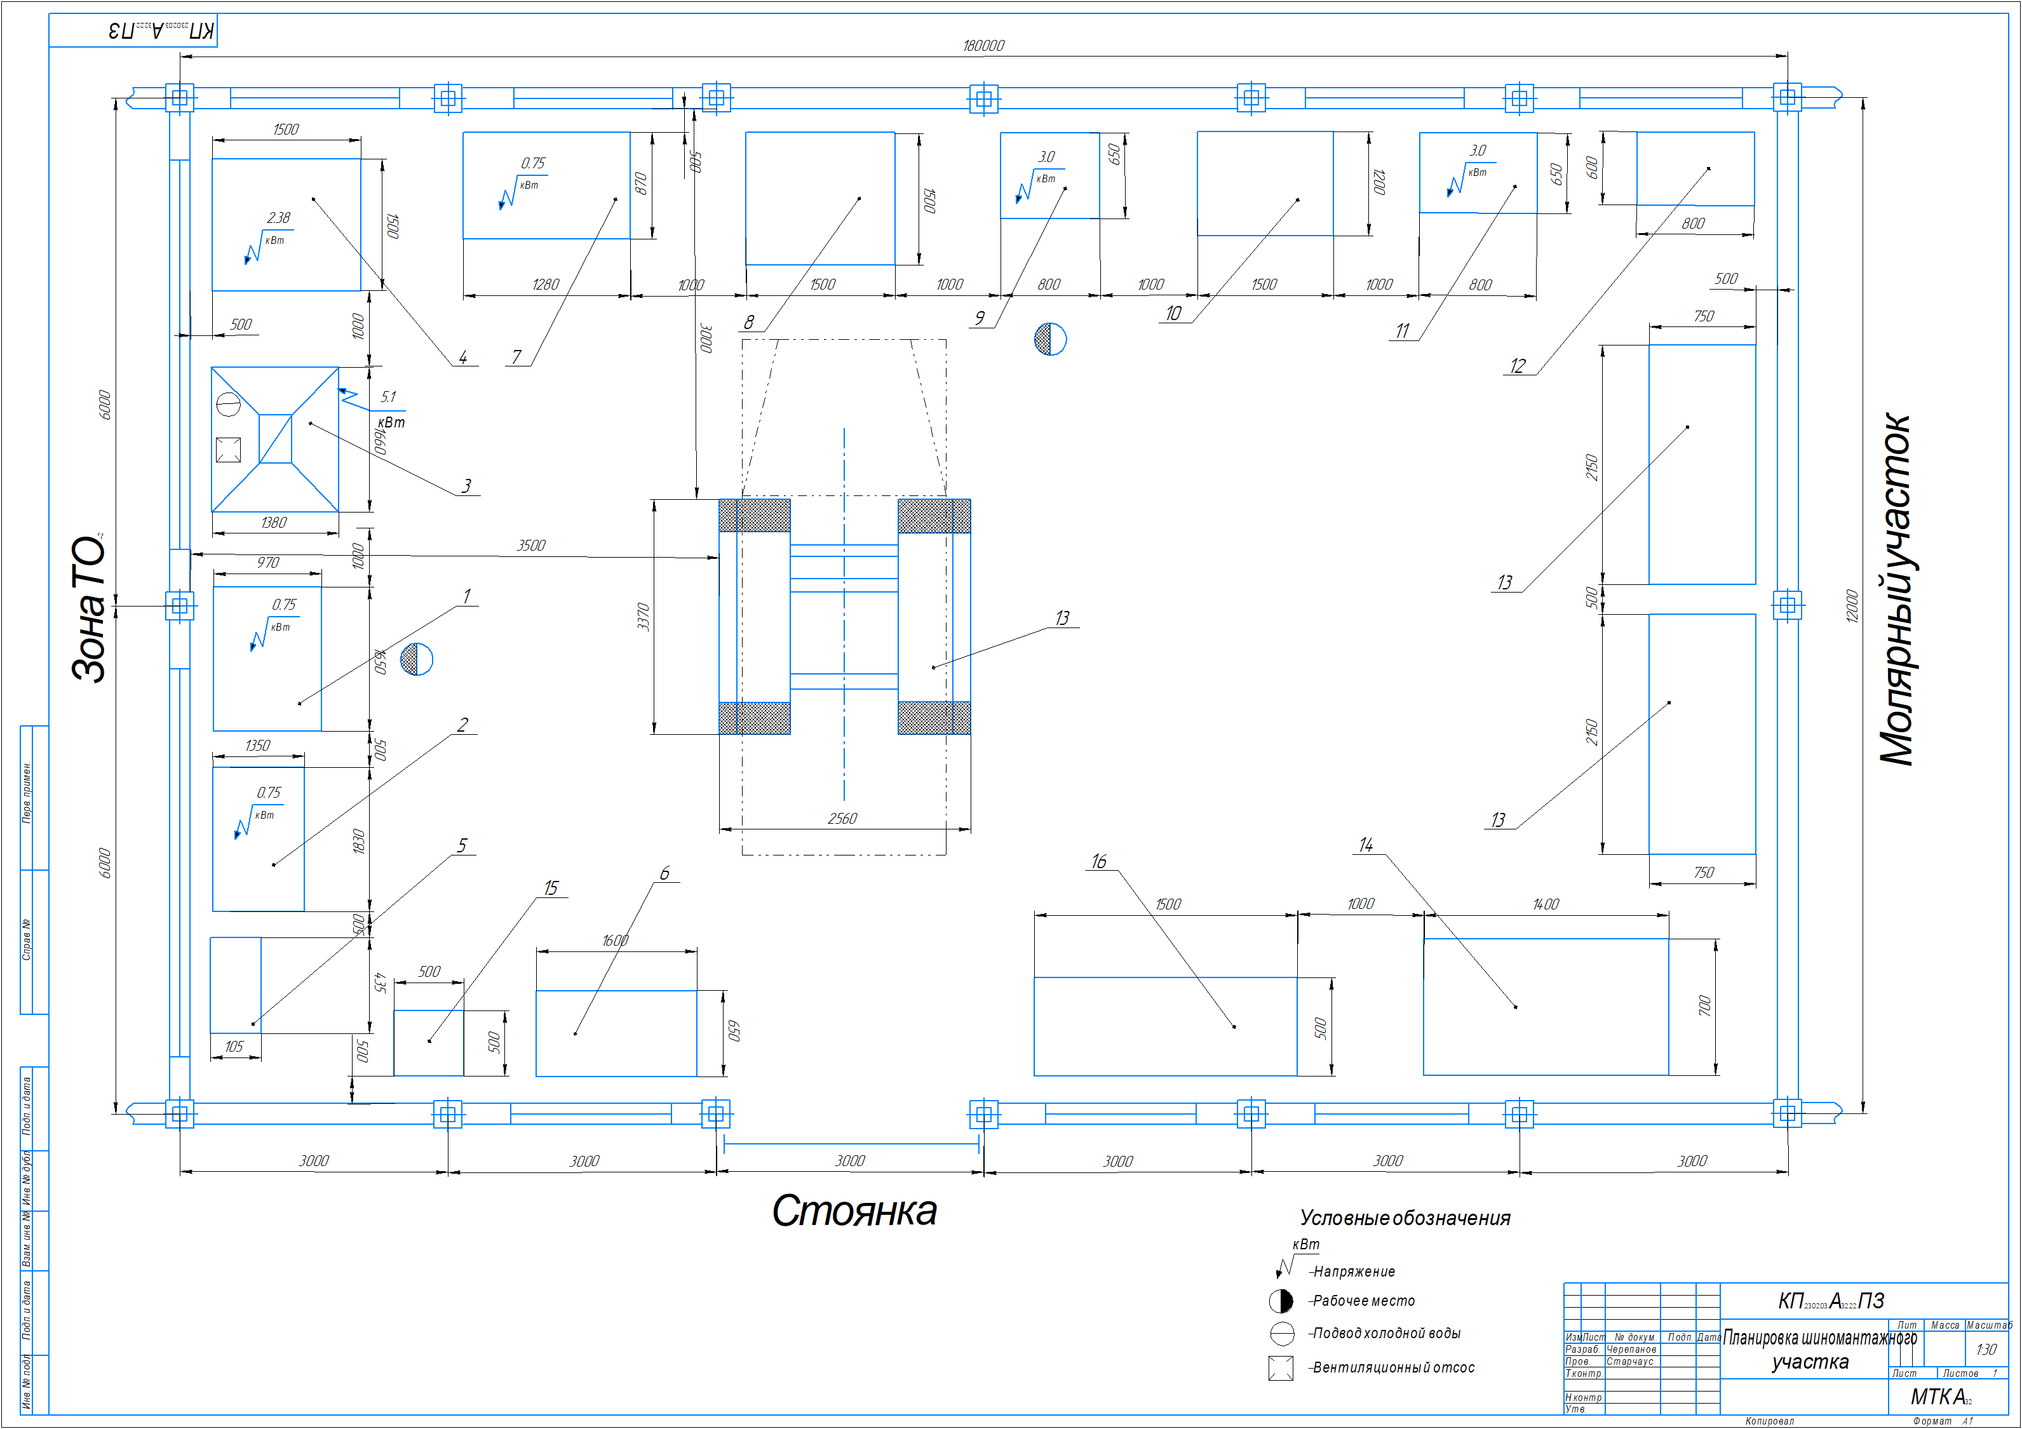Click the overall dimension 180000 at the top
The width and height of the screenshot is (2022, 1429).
pyautogui.click(x=983, y=46)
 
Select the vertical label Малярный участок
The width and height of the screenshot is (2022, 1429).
pyautogui.click(x=1895, y=590)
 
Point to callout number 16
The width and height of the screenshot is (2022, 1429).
pyautogui.click(x=1098, y=862)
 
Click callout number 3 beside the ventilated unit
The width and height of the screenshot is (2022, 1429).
pyautogui.click(x=466, y=486)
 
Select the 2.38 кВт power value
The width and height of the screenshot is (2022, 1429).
pyautogui.click(x=278, y=217)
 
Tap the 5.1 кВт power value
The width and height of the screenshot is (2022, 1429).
pyautogui.click(x=388, y=397)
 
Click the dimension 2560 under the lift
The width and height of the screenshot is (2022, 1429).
pyautogui.click(x=842, y=819)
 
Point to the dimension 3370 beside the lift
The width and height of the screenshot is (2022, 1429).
pyautogui.click(x=643, y=616)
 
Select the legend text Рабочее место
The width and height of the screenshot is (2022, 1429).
pyautogui.click(x=1363, y=1301)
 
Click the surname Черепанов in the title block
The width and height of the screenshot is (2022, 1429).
pyautogui.click(x=1631, y=1350)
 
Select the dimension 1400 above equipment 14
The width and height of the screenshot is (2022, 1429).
pyautogui.click(x=1546, y=904)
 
